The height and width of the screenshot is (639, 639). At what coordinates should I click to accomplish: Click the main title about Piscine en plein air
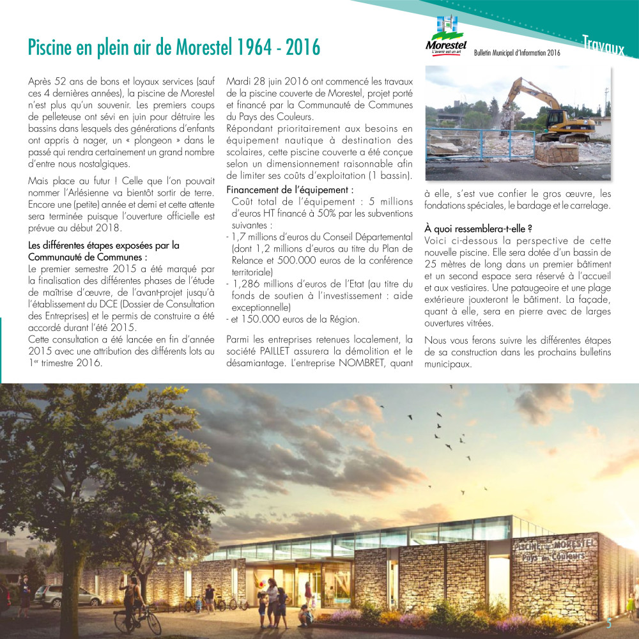[x=173, y=47]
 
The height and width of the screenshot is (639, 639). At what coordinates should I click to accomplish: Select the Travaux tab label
[x=603, y=45]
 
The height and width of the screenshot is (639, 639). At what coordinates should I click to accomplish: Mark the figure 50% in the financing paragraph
[x=316, y=213]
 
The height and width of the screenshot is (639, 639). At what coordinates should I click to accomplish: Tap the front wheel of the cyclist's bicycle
[x=154, y=621]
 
